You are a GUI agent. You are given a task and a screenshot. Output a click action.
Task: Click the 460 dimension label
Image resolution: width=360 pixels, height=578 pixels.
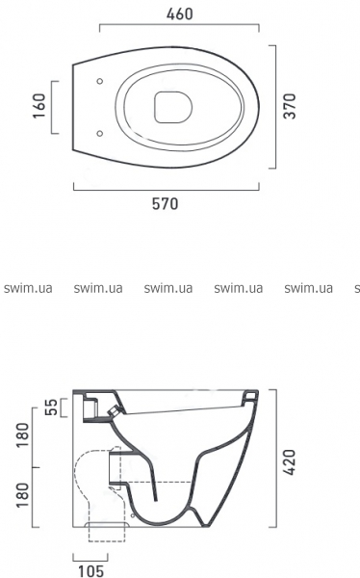179,14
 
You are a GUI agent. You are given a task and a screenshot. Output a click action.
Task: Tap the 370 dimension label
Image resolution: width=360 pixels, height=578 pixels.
290,106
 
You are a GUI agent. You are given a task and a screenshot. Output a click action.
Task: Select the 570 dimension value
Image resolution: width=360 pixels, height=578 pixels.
165,204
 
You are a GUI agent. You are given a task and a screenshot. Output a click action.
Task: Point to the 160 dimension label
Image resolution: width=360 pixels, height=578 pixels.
39,106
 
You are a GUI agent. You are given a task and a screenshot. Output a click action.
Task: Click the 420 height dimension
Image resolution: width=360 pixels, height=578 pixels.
290,462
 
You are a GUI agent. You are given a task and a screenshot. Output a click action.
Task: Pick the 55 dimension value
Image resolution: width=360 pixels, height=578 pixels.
52,407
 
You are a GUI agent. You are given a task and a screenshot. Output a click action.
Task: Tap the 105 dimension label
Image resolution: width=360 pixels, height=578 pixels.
91,571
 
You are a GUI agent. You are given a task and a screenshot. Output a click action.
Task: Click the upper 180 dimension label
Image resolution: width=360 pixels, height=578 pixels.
23,434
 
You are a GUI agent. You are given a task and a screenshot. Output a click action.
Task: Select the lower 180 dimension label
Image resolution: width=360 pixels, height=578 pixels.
23,495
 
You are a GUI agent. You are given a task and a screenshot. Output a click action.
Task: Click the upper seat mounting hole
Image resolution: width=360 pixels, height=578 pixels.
99,81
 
